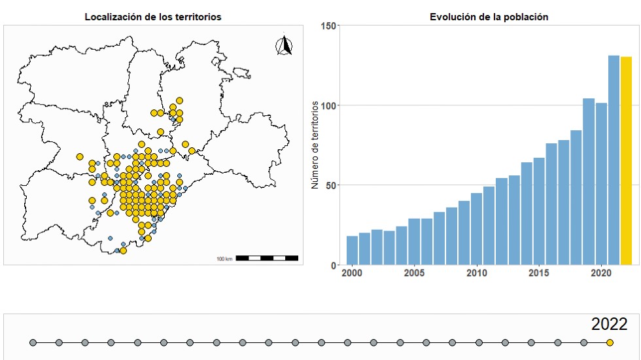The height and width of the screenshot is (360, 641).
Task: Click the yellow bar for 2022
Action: pos(626,160)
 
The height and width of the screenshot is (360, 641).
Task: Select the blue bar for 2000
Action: pos(352,250)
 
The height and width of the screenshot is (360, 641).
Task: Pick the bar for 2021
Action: pos(614,160)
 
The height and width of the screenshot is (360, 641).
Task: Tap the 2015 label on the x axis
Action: pos(539,272)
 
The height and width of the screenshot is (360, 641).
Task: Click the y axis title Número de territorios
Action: pos(315,145)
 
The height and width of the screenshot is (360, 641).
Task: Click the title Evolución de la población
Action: pos(489,17)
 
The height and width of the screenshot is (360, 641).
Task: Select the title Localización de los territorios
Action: pos(152,17)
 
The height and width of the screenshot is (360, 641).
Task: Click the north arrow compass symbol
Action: pos(284,46)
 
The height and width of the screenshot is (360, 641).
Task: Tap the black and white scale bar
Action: pos(266,258)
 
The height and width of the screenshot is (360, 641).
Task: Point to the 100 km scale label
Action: pos(224,259)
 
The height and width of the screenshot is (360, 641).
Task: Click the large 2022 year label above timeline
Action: pos(609,324)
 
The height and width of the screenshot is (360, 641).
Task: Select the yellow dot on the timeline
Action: pos(610,342)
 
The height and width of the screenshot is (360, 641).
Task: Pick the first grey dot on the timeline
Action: pos(33,342)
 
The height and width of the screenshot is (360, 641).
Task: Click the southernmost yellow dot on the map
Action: pos(123,250)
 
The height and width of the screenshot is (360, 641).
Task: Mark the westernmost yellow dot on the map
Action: pos(80,156)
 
